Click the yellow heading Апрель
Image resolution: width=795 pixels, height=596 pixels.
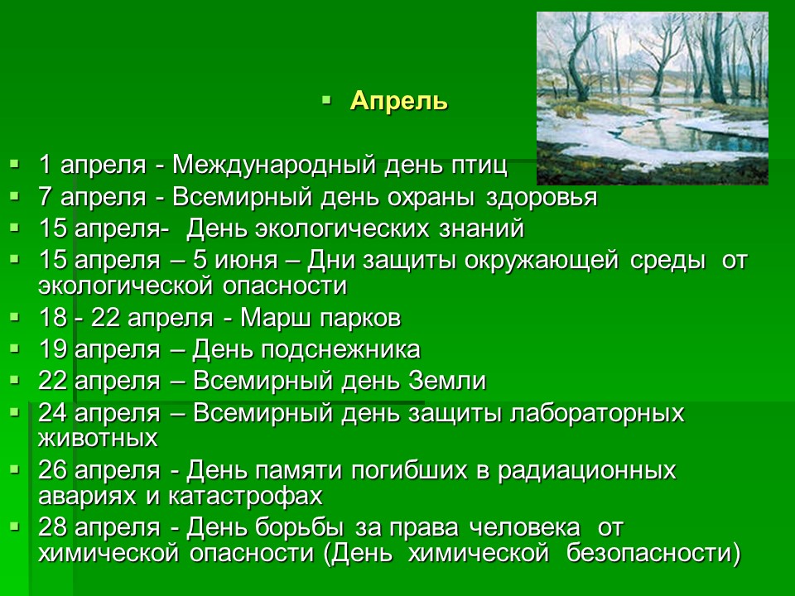[x=399, y=101]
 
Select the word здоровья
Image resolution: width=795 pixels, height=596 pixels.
[x=542, y=198]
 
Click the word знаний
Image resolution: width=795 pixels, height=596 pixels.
[x=481, y=228]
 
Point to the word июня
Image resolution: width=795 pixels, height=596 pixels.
[x=246, y=261]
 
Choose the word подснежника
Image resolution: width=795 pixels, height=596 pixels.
[x=340, y=350]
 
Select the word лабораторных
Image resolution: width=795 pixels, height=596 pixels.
[x=597, y=414]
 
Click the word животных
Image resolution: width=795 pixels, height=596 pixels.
[x=98, y=439]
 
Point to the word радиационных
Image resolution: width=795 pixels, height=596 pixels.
[x=586, y=471]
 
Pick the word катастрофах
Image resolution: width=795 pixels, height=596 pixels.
[x=245, y=496]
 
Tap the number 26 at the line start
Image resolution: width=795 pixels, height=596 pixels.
[x=53, y=470]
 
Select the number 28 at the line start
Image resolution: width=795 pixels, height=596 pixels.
[x=53, y=527]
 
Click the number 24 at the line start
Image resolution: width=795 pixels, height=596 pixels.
[x=53, y=413]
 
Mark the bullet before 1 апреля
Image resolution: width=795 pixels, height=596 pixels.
[x=14, y=164]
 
